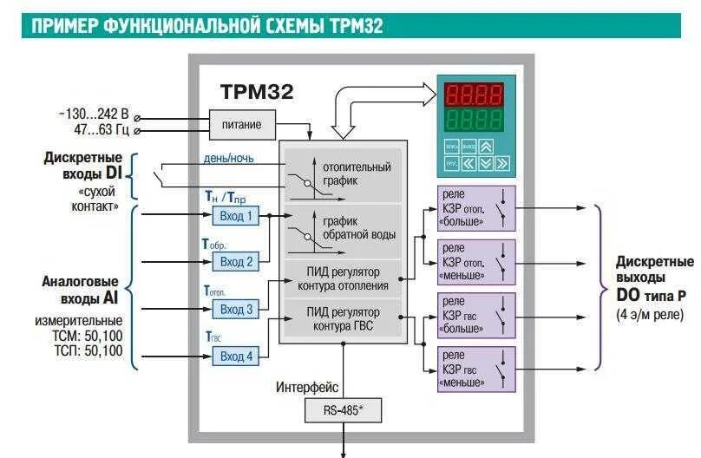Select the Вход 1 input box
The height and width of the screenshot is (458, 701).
click(x=237, y=216)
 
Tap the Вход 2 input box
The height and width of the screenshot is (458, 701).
click(x=237, y=261)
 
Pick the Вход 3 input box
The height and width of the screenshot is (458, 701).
click(x=237, y=309)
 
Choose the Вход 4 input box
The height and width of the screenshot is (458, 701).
click(x=237, y=356)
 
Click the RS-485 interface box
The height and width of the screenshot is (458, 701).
click(x=343, y=410)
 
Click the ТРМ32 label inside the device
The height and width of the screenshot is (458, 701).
click(x=257, y=90)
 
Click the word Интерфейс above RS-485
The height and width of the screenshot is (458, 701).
click(x=307, y=387)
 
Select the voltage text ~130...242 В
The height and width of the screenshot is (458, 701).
click(x=93, y=114)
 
